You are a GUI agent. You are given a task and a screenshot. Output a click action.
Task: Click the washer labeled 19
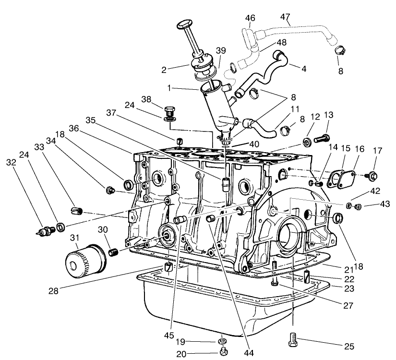[222, 341]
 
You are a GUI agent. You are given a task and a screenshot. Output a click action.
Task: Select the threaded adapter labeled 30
[113, 252]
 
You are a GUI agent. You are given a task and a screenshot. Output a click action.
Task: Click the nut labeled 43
[357, 206]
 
